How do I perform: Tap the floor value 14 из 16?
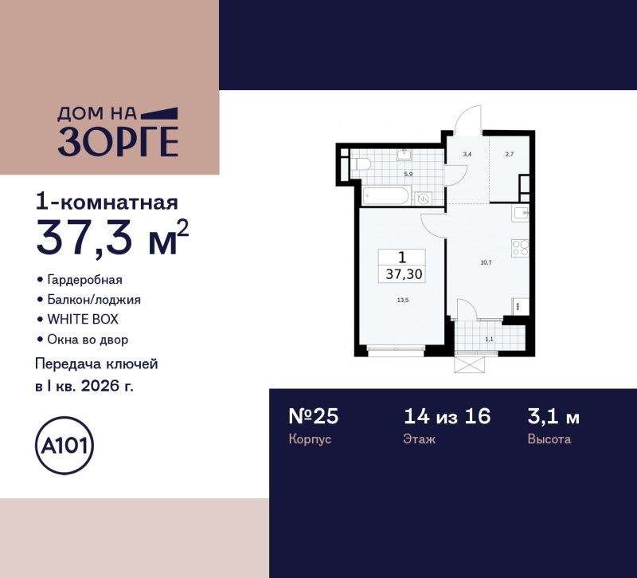pyautogui.click(x=447, y=416)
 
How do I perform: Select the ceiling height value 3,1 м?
pyautogui.click(x=553, y=416)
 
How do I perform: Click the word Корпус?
pyautogui.click(x=309, y=439)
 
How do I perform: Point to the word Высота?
pyautogui.click(x=549, y=439)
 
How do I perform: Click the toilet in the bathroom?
pyautogui.click(x=361, y=164)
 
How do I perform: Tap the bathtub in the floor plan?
pyautogui.click(x=385, y=196)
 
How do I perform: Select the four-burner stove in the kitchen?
pyautogui.click(x=520, y=249)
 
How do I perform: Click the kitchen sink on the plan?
pyautogui.click(x=521, y=213)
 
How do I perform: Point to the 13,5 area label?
pyautogui.click(x=403, y=301)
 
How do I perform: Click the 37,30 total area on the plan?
pyautogui.click(x=403, y=274)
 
